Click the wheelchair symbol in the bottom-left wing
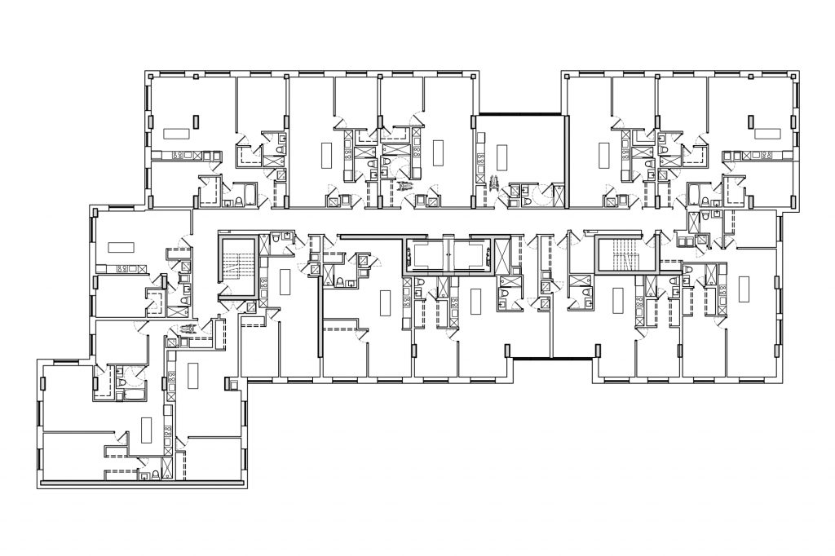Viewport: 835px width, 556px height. tap(189, 329)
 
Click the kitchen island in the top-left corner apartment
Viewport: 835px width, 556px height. tap(175, 132)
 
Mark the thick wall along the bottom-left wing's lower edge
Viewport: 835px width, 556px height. tap(143, 483)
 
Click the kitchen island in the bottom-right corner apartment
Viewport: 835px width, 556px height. tap(743, 287)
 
